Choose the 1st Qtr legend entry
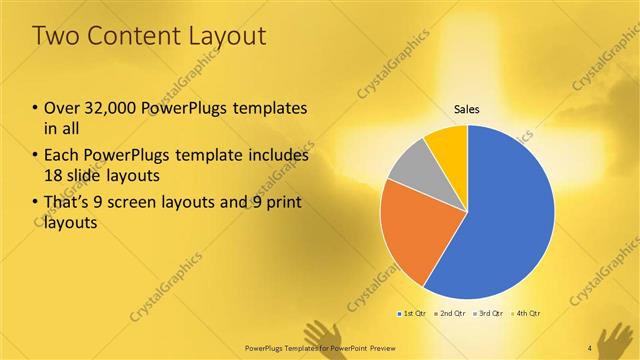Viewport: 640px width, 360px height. pyautogui.click(x=412, y=313)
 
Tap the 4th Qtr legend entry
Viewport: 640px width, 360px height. pyautogui.click(x=527, y=313)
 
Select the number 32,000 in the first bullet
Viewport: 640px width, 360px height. pyautogui.click(x=118, y=108)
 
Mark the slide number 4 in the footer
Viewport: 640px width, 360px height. pyautogui.click(x=590, y=348)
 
